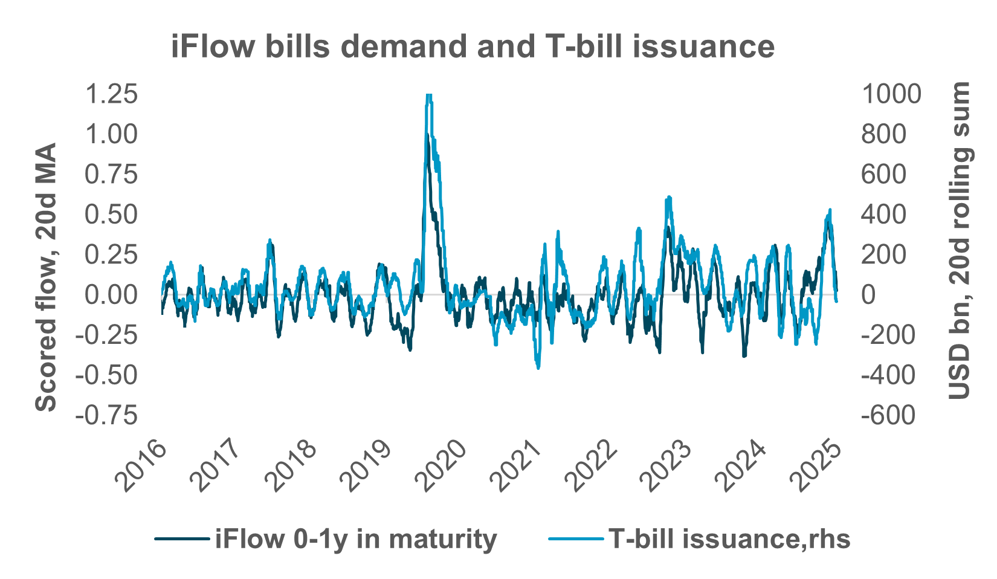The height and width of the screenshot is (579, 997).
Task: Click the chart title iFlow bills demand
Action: coord(473,47)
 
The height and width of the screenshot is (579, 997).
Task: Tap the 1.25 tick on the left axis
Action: coord(111,94)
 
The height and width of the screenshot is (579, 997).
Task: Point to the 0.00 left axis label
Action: coord(111,295)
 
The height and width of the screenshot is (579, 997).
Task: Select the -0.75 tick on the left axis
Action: coord(106,415)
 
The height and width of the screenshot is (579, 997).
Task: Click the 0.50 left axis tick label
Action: coord(111,215)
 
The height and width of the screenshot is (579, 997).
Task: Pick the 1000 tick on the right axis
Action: coord(891,94)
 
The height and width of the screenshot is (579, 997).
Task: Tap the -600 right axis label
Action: coord(888,415)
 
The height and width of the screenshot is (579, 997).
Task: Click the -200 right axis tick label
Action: coord(888,335)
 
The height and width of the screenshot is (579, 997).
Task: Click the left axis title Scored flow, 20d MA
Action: coord(46,277)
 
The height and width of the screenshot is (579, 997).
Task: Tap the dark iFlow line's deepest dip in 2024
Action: coord(744,355)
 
